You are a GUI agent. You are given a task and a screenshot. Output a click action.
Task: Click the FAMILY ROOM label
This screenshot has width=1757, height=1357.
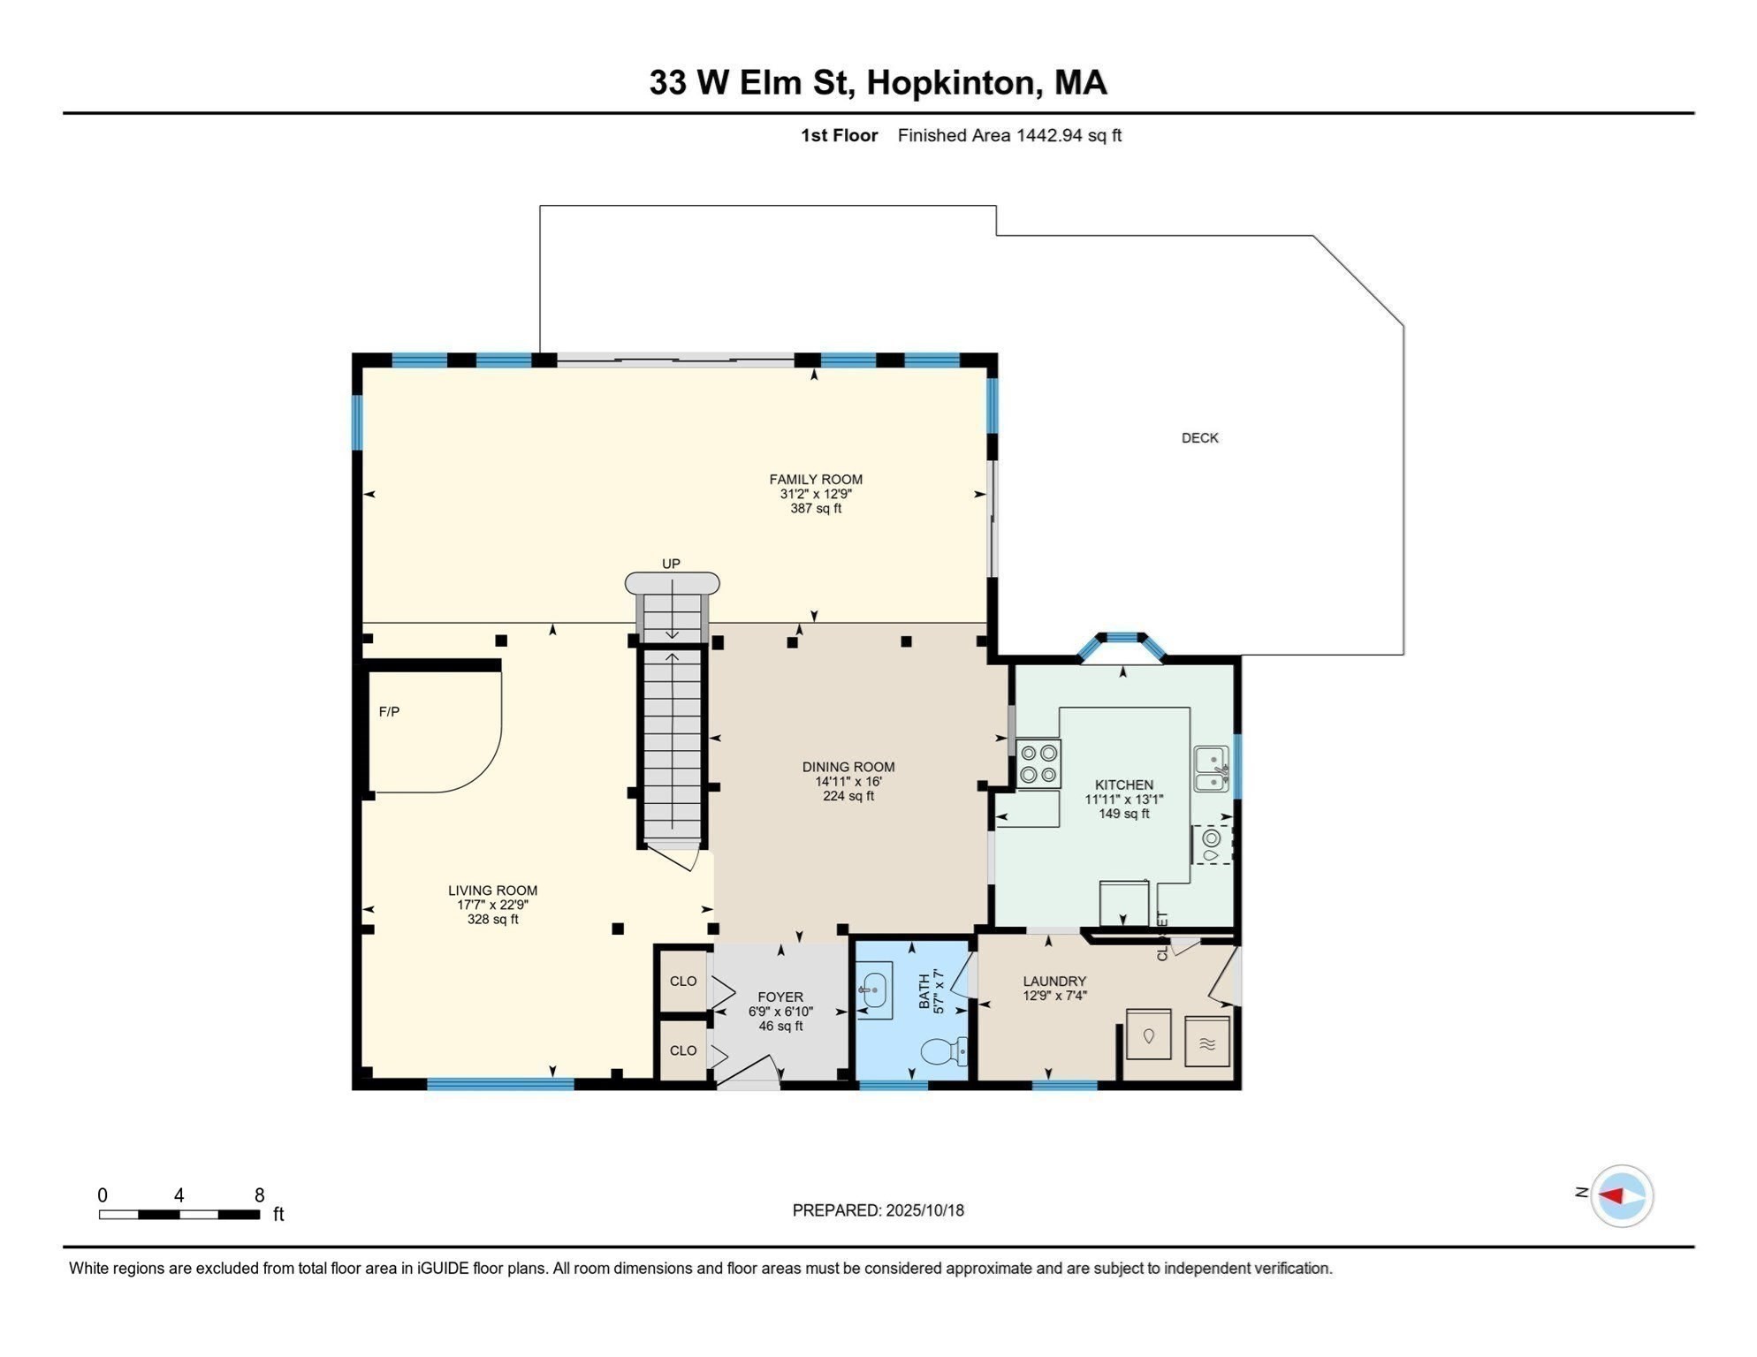[815, 480]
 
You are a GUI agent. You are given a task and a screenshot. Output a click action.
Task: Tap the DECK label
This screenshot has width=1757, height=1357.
[1199, 438]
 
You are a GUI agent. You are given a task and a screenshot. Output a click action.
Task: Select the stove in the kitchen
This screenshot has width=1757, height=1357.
[1038, 764]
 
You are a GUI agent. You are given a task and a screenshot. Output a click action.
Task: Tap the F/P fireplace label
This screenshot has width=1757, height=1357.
[389, 712]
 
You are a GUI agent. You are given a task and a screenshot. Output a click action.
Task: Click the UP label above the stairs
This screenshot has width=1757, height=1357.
[671, 564]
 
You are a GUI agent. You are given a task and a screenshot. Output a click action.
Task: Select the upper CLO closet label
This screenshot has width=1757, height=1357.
[683, 982]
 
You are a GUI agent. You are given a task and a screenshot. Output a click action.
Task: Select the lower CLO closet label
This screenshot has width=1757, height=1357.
[683, 1050]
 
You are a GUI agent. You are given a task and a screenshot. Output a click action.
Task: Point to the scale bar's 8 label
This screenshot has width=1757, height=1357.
[259, 1195]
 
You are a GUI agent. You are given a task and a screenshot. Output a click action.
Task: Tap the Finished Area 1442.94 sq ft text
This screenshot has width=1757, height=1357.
[1009, 135]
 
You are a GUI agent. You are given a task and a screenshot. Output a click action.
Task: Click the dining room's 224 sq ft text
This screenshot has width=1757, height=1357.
[848, 796]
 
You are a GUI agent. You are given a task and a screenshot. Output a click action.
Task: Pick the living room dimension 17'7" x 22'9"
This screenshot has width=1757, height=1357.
[492, 906]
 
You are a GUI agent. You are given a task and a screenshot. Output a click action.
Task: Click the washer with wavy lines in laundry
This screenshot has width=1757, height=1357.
[1207, 1043]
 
